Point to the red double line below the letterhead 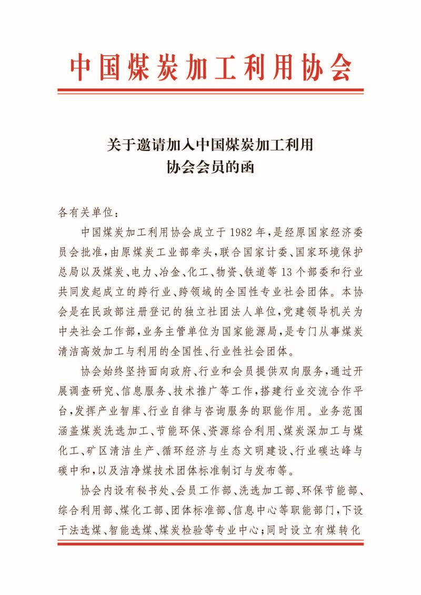point(210,91)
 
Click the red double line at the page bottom point(210,543)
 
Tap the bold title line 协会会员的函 point(210,167)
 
